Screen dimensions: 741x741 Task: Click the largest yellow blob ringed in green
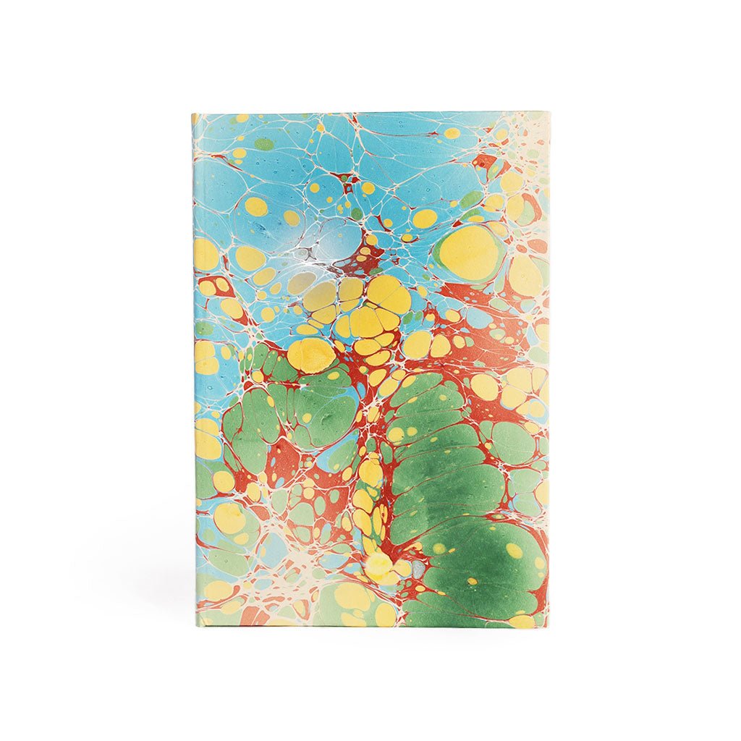[469, 253]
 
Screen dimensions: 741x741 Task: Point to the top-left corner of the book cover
[193, 114]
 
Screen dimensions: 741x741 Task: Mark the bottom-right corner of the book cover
[548, 627]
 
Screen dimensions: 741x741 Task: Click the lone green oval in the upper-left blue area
[265, 144]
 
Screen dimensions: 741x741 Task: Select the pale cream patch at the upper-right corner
[532, 134]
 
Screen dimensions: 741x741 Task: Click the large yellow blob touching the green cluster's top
[310, 355]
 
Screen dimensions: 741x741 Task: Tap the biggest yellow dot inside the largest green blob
[514, 551]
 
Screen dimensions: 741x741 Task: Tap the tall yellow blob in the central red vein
[370, 471]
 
